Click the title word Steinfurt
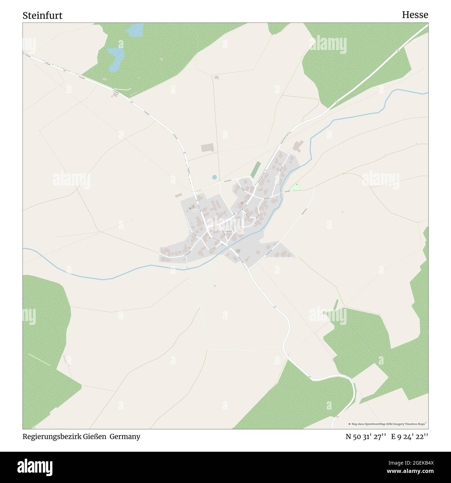(x=43, y=16)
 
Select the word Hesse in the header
(x=415, y=15)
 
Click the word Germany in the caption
(x=125, y=436)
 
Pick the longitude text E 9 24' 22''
(x=409, y=436)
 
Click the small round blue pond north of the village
(x=214, y=177)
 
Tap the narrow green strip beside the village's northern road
(x=255, y=169)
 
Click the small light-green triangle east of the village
(x=295, y=187)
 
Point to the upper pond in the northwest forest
(x=135, y=31)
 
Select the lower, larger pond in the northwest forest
(x=116, y=59)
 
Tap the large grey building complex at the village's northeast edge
(x=298, y=146)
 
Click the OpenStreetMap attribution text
(x=388, y=424)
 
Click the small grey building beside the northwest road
(x=115, y=94)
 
